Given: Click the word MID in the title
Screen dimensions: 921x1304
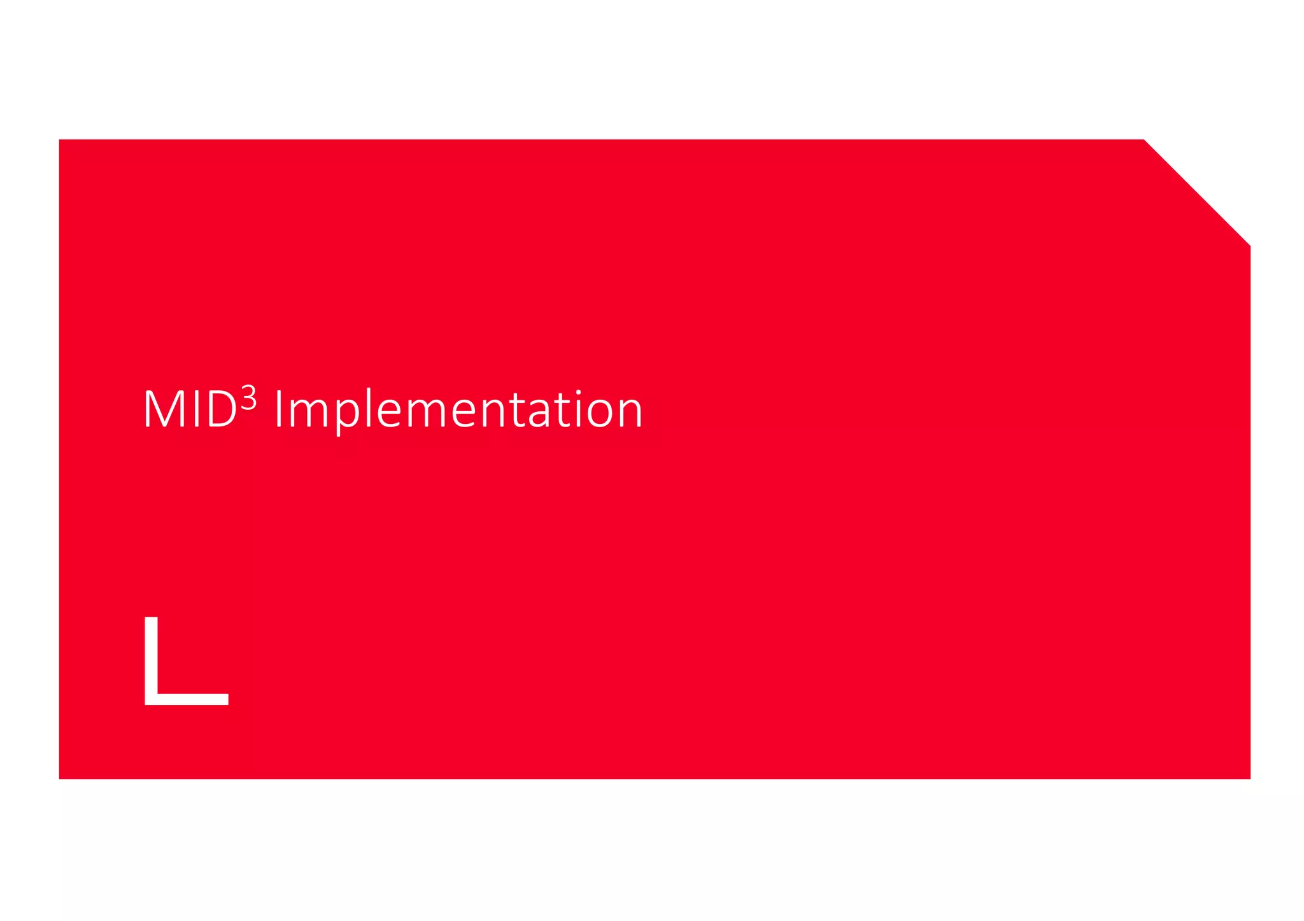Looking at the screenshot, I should click(190, 409).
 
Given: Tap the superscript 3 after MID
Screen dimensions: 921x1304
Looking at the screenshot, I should click(248, 399).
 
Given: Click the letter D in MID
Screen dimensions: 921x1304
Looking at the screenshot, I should click(222, 409).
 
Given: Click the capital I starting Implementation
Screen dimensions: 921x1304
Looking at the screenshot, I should click(278, 409).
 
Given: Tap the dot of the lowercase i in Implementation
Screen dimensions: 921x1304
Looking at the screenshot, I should click(578, 393).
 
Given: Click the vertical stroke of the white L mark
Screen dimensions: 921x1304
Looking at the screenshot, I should click(151, 656).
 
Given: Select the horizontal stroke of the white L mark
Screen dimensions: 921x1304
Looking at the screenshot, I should click(191, 699).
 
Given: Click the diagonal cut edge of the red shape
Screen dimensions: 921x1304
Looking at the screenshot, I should click(1197, 192).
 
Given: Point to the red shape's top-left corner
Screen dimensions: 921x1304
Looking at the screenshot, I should click(60, 140).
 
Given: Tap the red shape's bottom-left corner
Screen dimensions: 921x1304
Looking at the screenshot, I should click(60, 778).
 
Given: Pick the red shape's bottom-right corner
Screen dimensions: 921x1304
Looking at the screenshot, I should click(1249, 778).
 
